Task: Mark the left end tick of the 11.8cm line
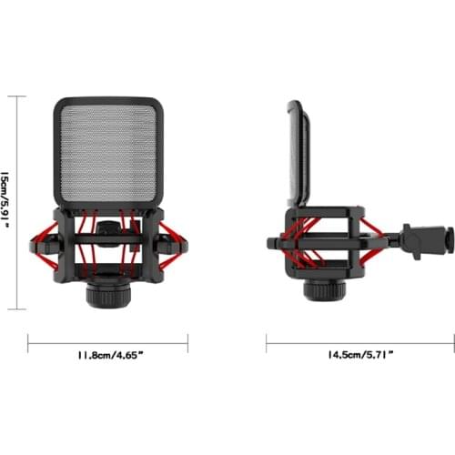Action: coord(29,343)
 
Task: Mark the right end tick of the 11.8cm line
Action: coord(188,343)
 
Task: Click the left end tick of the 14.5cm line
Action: coord(267,343)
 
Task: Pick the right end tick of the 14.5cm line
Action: coord(453,343)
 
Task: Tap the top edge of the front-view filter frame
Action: coord(108,100)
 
